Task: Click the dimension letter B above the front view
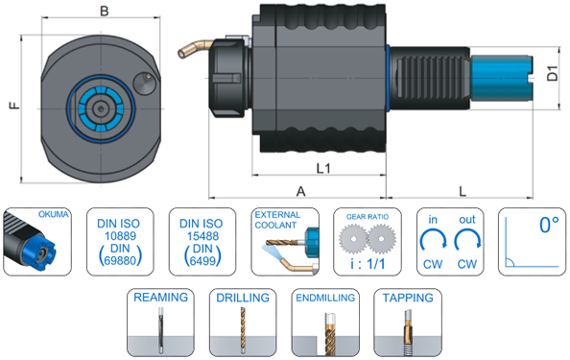pyautogui.click(x=105, y=11)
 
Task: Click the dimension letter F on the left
pyautogui.click(x=14, y=106)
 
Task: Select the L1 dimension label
pyautogui.click(x=323, y=168)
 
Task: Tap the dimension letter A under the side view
pyautogui.click(x=300, y=191)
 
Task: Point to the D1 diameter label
pyautogui.click(x=553, y=73)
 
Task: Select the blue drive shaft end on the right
pyautogui.click(x=502, y=78)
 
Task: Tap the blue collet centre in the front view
pyautogui.click(x=101, y=108)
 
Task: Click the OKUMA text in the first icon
pyautogui.click(x=54, y=214)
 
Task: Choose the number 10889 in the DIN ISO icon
pyautogui.click(x=120, y=236)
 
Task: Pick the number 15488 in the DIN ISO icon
pyautogui.click(x=202, y=236)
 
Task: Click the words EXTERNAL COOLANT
pyautogui.click(x=277, y=220)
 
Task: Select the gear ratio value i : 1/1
pyautogui.click(x=368, y=264)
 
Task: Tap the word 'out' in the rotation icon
pyautogui.click(x=467, y=220)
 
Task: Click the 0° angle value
pyautogui.click(x=549, y=225)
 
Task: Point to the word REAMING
pyautogui.click(x=160, y=298)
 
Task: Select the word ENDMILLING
pyautogui.click(x=325, y=298)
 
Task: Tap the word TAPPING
pyautogui.click(x=408, y=298)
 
